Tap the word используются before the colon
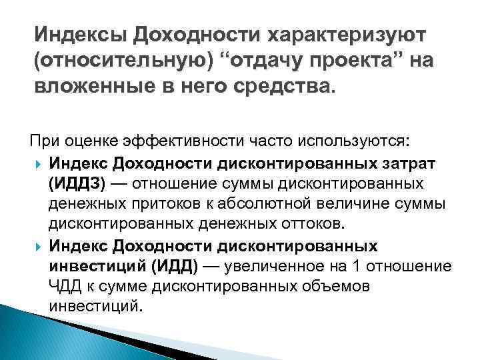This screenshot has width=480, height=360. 353,141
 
